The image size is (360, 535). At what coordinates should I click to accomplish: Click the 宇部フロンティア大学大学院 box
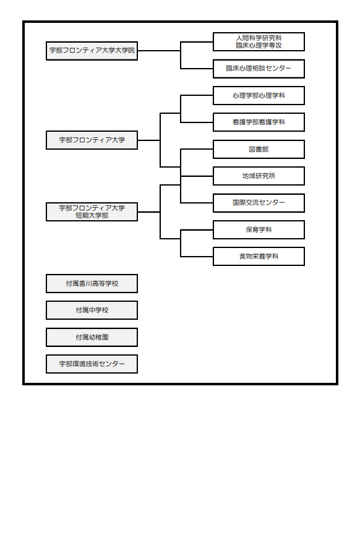(92, 51)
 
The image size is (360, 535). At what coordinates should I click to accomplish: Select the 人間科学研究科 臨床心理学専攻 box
(259, 41)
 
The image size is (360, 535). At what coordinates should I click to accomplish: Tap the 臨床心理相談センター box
(259, 69)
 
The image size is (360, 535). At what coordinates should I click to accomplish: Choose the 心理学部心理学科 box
(259, 95)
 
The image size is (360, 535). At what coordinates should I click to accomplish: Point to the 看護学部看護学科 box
(259, 122)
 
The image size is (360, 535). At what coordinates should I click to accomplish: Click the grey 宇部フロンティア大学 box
(92, 140)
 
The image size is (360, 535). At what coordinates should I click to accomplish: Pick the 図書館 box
(259, 149)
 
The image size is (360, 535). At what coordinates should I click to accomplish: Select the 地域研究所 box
(259, 176)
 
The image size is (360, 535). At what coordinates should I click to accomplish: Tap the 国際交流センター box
(259, 203)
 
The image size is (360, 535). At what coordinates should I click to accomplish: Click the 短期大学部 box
(92, 212)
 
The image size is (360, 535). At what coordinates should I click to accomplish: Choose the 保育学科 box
(259, 229)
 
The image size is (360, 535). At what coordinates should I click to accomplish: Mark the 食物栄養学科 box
(259, 257)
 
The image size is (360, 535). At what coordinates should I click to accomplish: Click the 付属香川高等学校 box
(92, 283)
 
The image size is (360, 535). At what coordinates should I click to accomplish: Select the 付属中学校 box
(92, 310)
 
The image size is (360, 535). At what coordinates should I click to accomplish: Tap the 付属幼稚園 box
(92, 337)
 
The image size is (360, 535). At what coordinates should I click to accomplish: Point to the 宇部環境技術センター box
(92, 364)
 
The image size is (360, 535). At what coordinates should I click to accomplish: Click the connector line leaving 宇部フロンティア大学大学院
(159, 51)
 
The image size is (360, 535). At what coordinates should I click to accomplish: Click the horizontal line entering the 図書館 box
(197, 149)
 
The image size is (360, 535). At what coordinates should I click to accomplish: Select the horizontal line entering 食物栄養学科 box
(197, 257)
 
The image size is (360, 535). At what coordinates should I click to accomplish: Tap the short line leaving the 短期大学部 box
(149, 212)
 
